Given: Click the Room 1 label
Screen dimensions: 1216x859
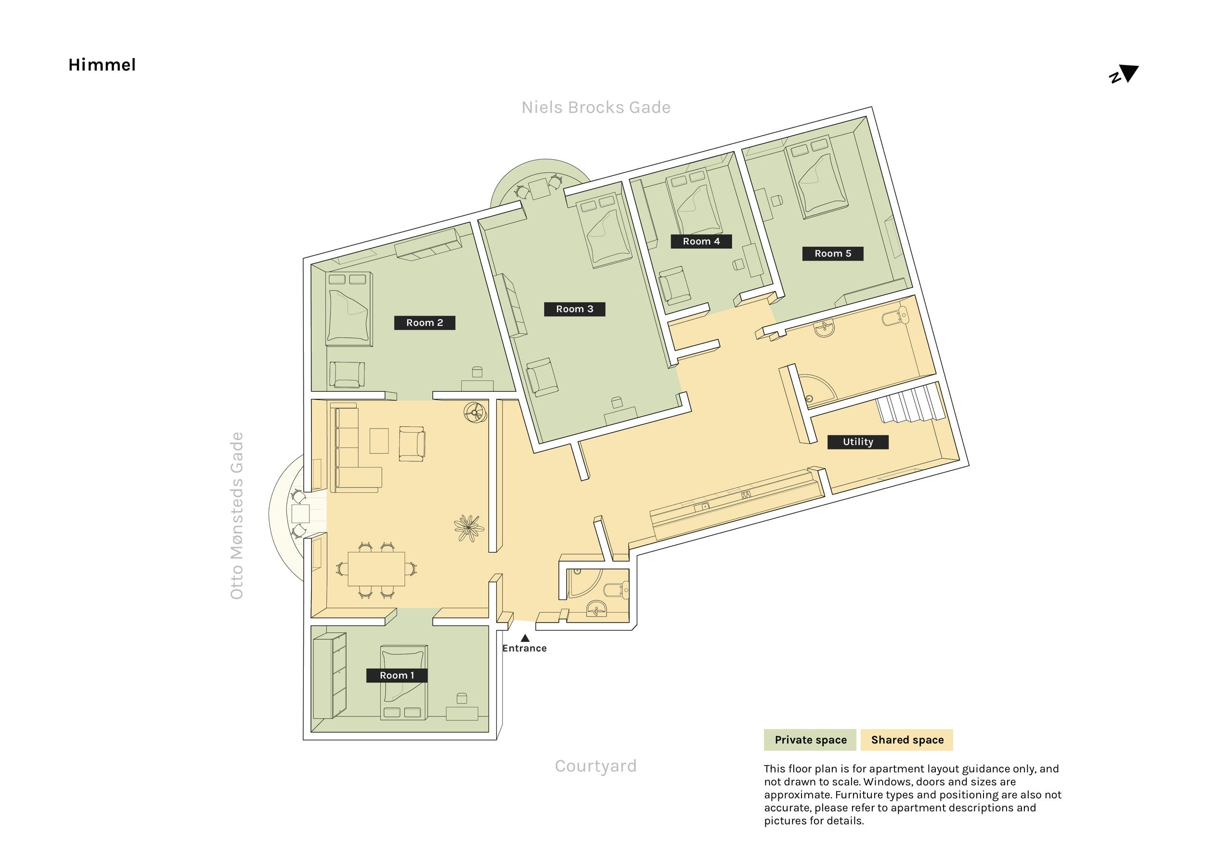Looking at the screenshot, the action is coord(397,675).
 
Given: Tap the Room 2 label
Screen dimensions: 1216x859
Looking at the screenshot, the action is coord(425,322).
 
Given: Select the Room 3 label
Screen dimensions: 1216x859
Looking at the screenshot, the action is coord(575,309).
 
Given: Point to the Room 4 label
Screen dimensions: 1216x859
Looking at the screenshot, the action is coord(701,242).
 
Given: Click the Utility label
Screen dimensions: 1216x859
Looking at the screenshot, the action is coord(858,442).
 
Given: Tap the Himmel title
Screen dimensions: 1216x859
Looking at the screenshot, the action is coord(102,65).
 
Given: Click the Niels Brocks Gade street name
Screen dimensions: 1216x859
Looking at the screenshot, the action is coord(596,107).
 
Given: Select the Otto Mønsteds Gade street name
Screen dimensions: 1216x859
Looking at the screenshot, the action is coord(237,515).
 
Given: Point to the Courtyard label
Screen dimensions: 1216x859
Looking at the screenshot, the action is coord(596,766).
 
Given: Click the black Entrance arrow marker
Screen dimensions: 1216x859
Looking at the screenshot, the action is coord(525,638).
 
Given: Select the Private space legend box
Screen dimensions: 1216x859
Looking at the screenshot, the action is coord(810,740).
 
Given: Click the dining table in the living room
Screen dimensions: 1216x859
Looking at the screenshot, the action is coord(376,569).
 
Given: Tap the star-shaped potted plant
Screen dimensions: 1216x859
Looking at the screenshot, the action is coord(469,528).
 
